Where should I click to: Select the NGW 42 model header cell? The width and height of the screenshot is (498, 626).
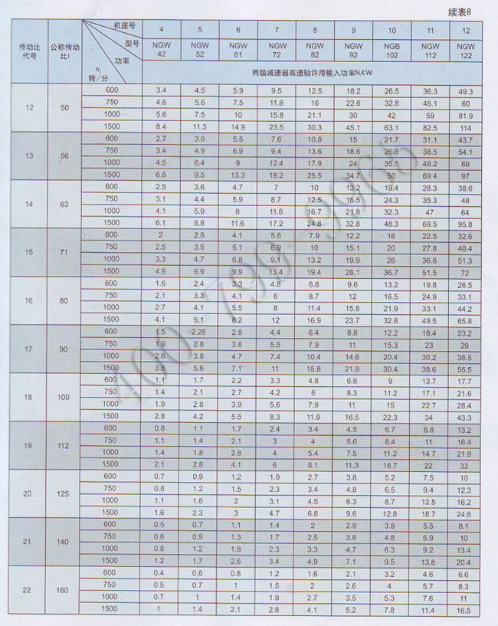(161, 50)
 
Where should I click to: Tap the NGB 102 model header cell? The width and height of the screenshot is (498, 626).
(392, 50)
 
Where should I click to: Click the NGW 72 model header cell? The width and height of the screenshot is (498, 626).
(277, 50)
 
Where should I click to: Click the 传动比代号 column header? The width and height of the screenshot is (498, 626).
(29, 51)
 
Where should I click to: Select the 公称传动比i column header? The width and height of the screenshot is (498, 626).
(65, 51)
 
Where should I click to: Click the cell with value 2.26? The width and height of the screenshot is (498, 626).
(199, 332)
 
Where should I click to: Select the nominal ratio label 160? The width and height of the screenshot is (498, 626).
(65, 590)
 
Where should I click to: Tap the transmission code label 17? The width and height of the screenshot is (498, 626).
(29, 349)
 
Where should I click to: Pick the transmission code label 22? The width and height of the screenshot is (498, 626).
(29, 590)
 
